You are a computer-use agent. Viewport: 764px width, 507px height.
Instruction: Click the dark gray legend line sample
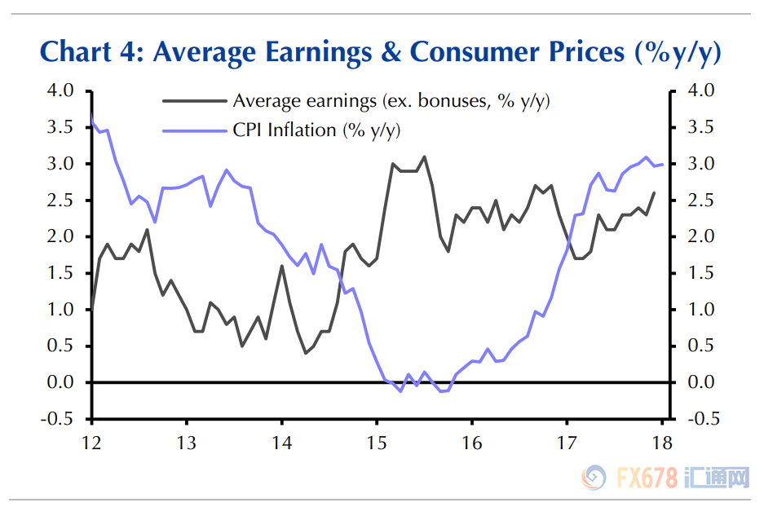[193, 101]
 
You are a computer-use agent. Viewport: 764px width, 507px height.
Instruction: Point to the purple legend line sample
[193, 130]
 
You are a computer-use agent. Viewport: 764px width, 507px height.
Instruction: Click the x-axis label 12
[91, 443]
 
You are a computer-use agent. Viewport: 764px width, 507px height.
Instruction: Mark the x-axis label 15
[377, 443]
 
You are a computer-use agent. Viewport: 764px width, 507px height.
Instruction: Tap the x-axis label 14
[281, 443]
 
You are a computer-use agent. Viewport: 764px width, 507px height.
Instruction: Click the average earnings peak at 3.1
[424, 157]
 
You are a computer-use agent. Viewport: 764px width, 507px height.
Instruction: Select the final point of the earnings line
[654, 193]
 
